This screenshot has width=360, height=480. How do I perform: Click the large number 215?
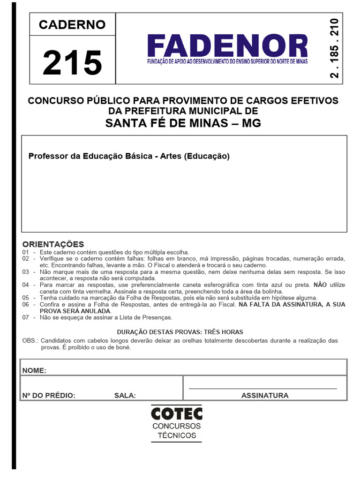[x=72, y=63]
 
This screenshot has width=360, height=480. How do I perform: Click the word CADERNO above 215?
[x=72, y=24]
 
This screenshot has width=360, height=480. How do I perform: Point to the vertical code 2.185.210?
[x=334, y=49]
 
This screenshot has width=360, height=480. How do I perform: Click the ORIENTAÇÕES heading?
[x=53, y=244]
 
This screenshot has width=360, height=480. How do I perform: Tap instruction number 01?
[x=25, y=252]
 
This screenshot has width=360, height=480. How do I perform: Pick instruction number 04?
[x=25, y=285]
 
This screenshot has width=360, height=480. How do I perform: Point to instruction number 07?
[x=25, y=317]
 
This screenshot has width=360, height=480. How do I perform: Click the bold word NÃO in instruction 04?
[x=320, y=285]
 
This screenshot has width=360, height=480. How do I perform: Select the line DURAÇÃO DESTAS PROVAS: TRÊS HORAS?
[x=180, y=332]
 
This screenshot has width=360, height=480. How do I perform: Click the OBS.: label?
[x=31, y=341]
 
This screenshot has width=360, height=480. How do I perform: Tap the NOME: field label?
[x=34, y=370]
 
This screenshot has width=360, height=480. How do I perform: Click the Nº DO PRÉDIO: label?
[x=49, y=395]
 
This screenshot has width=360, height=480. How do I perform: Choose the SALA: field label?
[x=125, y=395]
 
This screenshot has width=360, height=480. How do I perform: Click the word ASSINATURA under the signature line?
[x=265, y=395]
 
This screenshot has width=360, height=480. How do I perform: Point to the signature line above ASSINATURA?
[x=262, y=388]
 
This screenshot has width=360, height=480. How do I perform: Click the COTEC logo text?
[x=177, y=413]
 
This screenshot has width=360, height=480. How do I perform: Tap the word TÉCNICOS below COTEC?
[x=177, y=435]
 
